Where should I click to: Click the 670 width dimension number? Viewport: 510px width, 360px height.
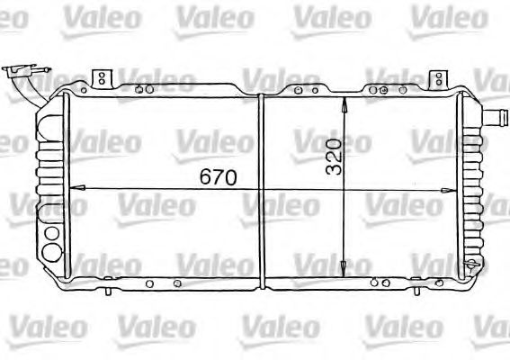[219, 177]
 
